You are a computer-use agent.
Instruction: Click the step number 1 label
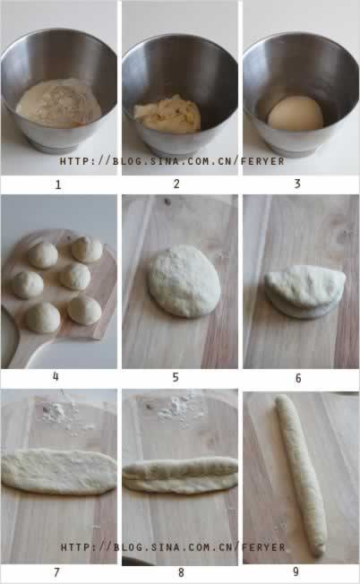coord(58,185)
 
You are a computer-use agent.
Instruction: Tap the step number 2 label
coord(176,184)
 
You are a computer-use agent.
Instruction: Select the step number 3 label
coord(297,184)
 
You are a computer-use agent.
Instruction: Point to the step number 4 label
coord(56,376)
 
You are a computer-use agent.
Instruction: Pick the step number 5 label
coord(176,377)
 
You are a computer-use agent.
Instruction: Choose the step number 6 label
coord(298,378)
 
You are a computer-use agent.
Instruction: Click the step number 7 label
coord(56,572)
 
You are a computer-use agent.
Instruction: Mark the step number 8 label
coord(181,572)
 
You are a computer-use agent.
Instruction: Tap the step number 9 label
coord(296,571)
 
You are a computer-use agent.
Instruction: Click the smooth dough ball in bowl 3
coord(296,114)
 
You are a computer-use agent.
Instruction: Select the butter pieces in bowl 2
coord(167,115)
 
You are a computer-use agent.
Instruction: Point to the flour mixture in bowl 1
coord(58,103)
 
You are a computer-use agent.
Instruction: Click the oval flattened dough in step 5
coord(184,281)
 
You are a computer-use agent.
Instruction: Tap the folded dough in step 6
coord(304,292)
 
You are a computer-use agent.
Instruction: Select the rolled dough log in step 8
coord(180,476)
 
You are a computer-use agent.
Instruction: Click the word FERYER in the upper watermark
coord(262,161)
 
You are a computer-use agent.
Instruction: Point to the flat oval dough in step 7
coord(59,472)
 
